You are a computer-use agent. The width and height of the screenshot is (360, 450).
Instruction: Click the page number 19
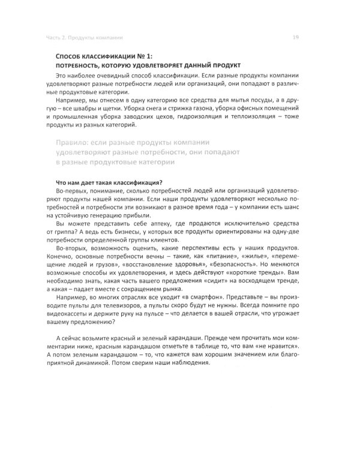295,37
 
